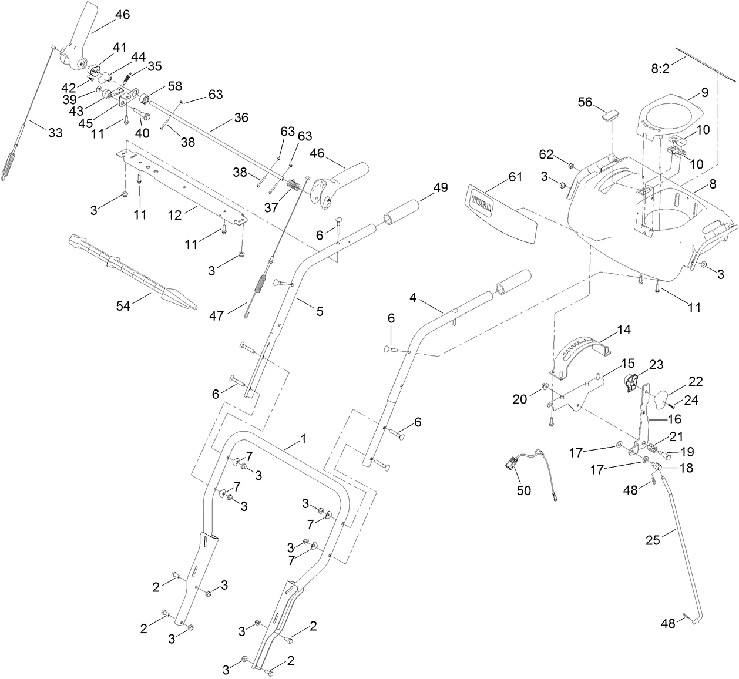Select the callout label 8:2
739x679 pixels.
tap(660, 69)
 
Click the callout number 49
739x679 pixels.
tap(441, 188)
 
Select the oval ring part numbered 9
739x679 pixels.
tap(670, 115)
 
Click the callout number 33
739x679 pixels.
tap(55, 133)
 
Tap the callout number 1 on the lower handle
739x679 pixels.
tap(303, 439)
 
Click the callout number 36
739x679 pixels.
tap(241, 118)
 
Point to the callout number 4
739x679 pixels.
tap(414, 298)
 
